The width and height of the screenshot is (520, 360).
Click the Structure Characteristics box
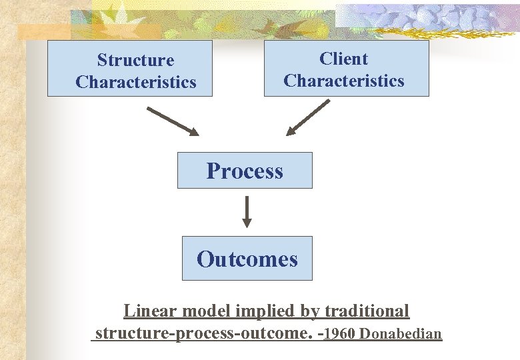tap(129, 69)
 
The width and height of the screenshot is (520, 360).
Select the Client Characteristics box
tap(346, 69)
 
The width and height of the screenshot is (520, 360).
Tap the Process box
tap(244, 171)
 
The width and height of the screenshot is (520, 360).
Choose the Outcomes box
tap(247, 259)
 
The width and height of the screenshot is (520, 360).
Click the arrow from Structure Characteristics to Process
tap(172, 121)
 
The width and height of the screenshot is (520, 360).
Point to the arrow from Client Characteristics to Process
tap(308, 117)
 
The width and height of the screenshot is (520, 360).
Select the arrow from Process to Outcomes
tap(247, 211)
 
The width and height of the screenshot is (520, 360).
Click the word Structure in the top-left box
tap(135, 60)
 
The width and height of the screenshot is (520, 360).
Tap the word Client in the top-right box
tap(343, 59)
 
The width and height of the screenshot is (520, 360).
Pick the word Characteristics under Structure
tap(136, 82)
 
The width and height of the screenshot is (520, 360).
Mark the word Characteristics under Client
tap(344, 81)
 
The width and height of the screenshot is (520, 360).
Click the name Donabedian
tap(401, 333)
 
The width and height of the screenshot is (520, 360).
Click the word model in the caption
tap(201, 311)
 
